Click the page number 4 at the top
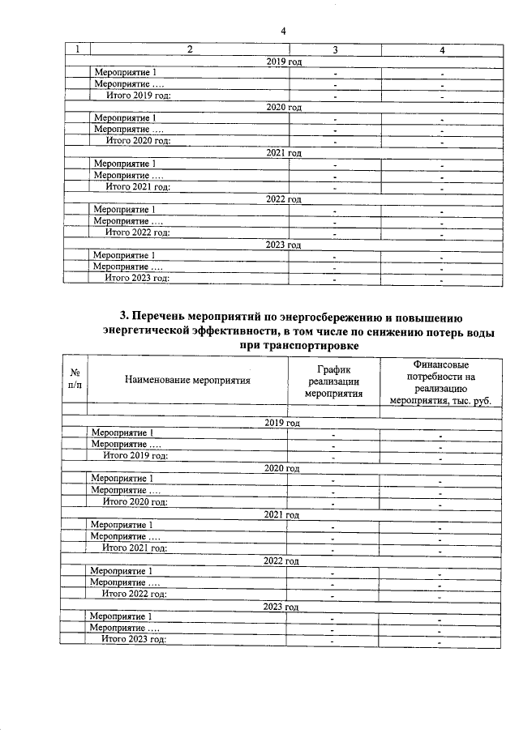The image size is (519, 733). click(283, 31)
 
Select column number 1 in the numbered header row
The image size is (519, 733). click(77, 50)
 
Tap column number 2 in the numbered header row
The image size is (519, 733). click(188, 50)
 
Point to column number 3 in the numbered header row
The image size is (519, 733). click(334, 50)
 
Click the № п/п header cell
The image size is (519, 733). click(75, 378)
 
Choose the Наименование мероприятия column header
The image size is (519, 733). click(188, 378)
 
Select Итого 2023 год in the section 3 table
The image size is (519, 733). click(134, 639)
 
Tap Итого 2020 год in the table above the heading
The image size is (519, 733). click(139, 141)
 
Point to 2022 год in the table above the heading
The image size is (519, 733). click(284, 198)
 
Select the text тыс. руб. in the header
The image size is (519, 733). click(470, 400)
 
